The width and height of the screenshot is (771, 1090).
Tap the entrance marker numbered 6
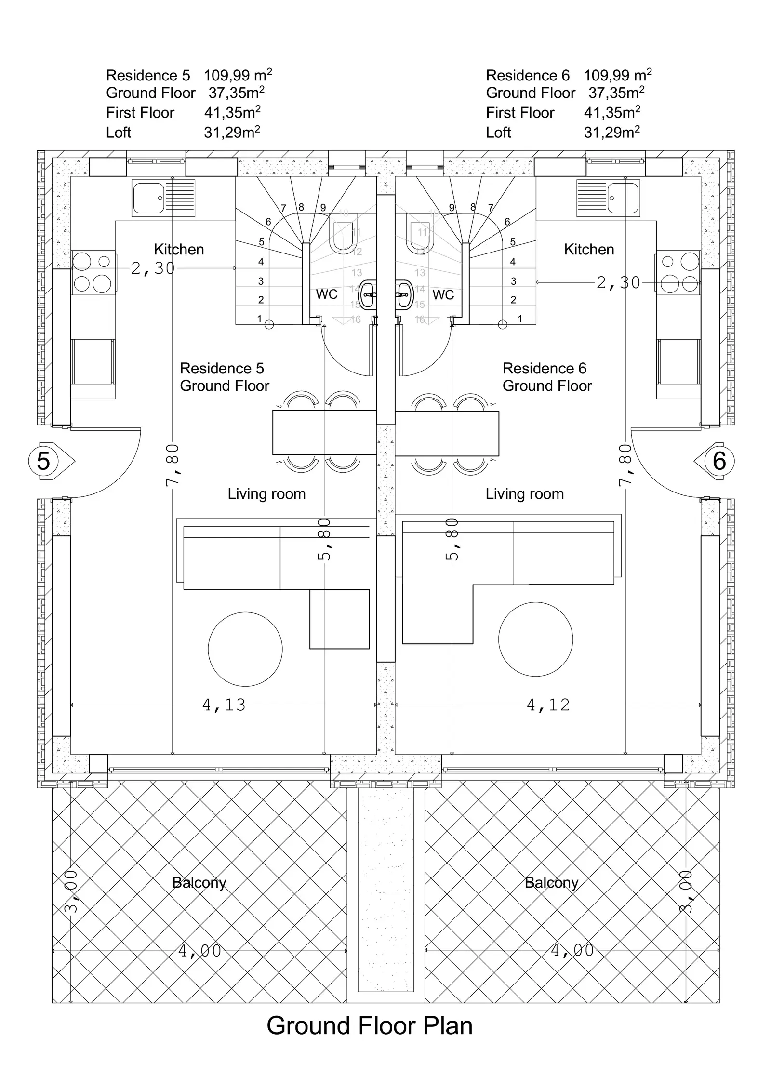click(714, 461)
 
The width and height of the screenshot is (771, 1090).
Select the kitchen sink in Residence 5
click(163, 198)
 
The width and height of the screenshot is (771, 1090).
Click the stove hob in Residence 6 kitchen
click(678, 272)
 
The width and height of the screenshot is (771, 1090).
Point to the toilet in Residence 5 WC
click(343, 233)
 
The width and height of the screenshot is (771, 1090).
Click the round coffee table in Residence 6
click(535, 639)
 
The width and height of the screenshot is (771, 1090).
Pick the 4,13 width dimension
click(224, 705)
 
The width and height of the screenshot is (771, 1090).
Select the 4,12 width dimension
click(548, 705)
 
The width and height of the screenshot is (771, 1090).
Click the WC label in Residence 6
click(443, 294)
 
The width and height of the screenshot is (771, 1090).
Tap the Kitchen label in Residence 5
click(179, 249)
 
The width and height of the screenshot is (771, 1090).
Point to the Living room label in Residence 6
click(524, 494)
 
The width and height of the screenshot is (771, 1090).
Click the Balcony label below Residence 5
click(199, 882)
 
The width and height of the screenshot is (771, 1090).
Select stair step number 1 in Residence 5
click(259, 318)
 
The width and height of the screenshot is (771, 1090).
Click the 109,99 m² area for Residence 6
click(618, 75)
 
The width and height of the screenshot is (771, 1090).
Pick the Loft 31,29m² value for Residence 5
click(232, 132)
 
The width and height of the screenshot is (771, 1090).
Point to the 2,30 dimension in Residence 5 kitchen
click(153, 268)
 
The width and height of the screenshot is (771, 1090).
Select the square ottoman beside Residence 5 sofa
click(339, 619)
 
